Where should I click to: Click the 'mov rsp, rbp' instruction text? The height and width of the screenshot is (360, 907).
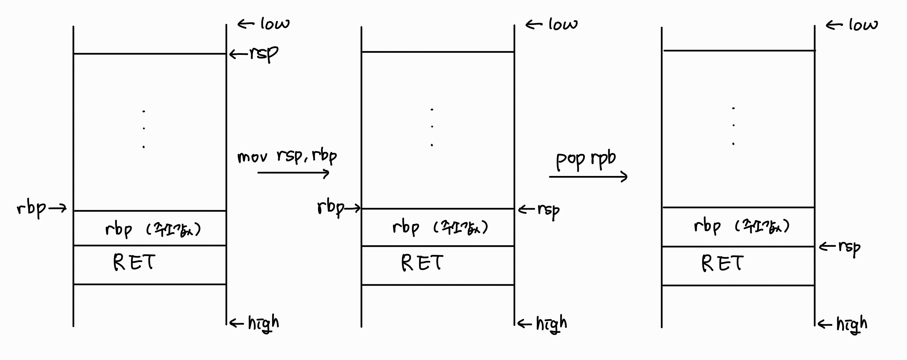(x=287, y=157)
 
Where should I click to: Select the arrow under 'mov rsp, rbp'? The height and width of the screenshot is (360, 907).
(x=293, y=173)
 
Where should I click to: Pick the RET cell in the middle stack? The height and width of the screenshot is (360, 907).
(x=438, y=265)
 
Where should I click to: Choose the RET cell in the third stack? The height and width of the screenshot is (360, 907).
(x=738, y=265)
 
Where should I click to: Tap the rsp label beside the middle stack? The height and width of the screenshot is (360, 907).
(x=548, y=211)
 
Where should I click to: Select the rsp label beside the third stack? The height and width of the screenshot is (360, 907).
(x=849, y=247)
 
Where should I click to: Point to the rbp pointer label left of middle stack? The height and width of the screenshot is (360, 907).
(x=331, y=208)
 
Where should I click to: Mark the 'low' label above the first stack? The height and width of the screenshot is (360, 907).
(x=275, y=24)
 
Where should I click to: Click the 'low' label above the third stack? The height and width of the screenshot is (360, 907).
(x=863, y=25)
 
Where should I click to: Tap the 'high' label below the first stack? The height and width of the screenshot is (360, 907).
(x=263, y=323)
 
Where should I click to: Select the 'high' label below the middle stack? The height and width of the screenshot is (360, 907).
(x=551, y=324)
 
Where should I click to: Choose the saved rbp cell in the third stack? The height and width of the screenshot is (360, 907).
(x=738, y=227)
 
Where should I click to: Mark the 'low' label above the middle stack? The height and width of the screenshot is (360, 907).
(x=563, y=24)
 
